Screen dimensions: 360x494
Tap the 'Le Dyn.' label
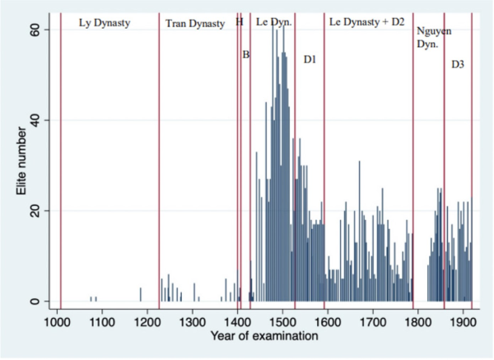273,22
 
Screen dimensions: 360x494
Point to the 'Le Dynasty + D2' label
366,22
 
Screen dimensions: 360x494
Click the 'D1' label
310,58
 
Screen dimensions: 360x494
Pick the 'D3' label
458,63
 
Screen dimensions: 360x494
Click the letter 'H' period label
240,22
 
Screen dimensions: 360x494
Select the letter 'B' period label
245,55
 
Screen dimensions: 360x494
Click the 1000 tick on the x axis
58,319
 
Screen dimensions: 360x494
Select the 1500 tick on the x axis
282,319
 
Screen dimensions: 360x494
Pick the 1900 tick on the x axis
462,319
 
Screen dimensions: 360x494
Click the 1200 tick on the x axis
147,319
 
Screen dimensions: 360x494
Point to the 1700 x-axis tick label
372,319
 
